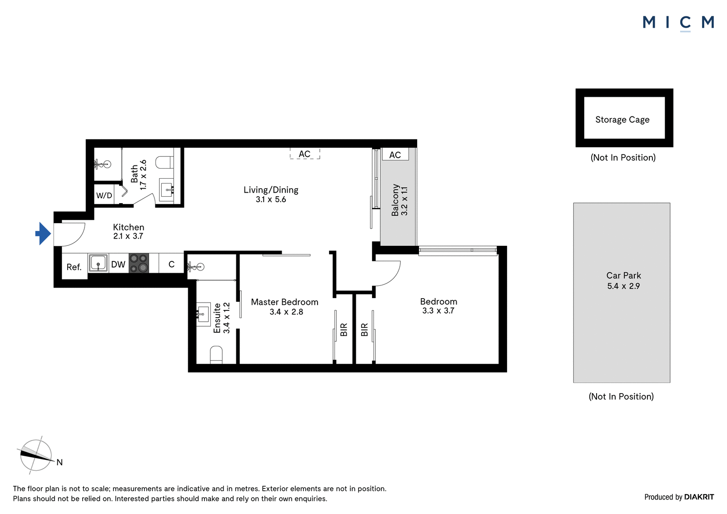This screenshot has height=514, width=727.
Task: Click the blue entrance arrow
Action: [x=43, y=234]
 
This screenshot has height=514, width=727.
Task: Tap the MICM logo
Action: [x=678, y=23]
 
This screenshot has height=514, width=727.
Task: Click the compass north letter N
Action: [x=60, y=462]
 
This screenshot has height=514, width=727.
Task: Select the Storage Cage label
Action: [x=622, y=120]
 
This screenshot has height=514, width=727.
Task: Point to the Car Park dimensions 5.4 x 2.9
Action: [x=623, y=286]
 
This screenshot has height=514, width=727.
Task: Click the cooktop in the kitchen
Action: [x=139, y=263]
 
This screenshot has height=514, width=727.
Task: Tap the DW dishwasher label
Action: [x=118, y=264]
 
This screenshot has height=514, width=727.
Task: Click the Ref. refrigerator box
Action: [x=75, y=266]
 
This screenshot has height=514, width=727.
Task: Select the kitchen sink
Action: [x=98, y=263]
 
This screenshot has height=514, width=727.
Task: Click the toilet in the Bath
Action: [x=164, y=162]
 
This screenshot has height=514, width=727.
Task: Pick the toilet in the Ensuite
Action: [x=216, y=355]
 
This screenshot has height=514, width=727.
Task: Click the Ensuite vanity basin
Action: [x=203, y=314]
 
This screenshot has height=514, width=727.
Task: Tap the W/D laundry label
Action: [x=104, y=195]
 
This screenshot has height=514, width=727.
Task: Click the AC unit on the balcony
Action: [x=395, y=154]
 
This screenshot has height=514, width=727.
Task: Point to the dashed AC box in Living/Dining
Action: [x=305, y=154]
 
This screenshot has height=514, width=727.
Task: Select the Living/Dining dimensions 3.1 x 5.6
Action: [x=271, y=200]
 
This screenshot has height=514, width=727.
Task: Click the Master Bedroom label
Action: [x=284, y=302]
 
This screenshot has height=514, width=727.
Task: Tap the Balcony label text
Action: [x=395, y=200]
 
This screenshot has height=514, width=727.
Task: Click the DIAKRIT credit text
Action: [x=699, y=497]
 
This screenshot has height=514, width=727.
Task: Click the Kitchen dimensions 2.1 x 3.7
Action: [x=128, y=236]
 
